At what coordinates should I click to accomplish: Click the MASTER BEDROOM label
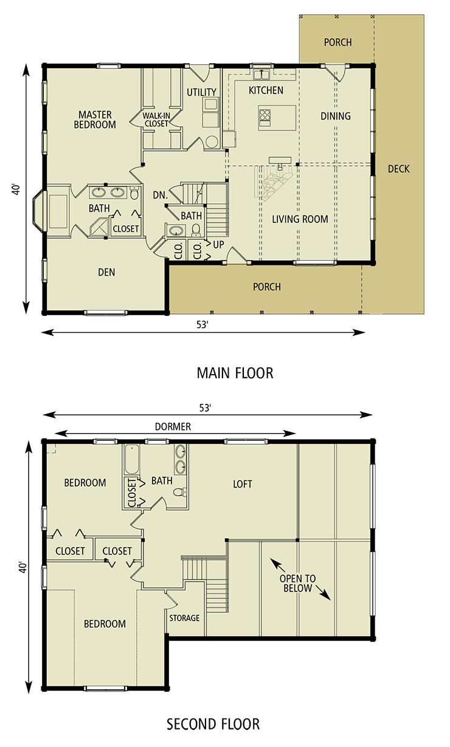pyautogui.click(x=95, y=120)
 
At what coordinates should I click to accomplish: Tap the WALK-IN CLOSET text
pyautogui.click(x=156, y=119)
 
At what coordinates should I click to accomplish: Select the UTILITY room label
pyautogui.click(x=201, y=92)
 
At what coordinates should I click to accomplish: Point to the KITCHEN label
pyautogui.click(x=266, y=90)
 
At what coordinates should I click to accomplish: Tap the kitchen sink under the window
pyautogui.click(x=262, y=75)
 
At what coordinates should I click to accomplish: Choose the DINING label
pyautogui.click(x=336, y=116)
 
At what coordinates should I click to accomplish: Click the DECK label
pyautogui.click(x=399, y=169)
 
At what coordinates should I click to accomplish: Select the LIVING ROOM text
pyautogui.click(x=300, y=219)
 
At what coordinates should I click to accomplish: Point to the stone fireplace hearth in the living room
pyautogui.click(x=274, y=180)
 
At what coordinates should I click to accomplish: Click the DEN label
pyautogui.click(x=106, y=273)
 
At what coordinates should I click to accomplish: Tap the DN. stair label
pyautogui.click(x=160, y=196)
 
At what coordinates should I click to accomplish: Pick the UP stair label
pyautogui.click(x=219, y=244)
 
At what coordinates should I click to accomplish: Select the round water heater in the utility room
pyautogui.click(x=211, y=142)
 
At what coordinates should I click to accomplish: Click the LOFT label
pyautogui.click(x=243, y=484)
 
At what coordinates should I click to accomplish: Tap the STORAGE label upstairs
pyautogui.click(x=184, y=618)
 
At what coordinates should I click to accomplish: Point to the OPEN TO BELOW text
pyautogui.click(x=297, y=584)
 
